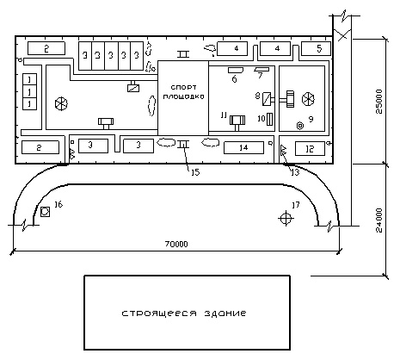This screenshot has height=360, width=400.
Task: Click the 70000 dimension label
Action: (176, 244)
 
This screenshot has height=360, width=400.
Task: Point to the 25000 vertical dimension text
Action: (379, 102)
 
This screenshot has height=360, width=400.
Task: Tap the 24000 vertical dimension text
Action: (379, 220)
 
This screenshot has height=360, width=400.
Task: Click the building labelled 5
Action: (316, 48)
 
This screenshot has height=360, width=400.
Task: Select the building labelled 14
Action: (243, 147)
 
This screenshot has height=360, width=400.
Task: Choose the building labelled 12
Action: (310, 149)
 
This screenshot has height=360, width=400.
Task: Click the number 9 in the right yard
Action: (311, 119)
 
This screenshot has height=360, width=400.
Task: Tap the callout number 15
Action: (195, 172)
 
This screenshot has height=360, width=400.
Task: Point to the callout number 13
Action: (295, 172)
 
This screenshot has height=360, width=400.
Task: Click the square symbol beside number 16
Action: (45, 212)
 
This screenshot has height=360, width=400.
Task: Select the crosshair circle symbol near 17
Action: (286, 219)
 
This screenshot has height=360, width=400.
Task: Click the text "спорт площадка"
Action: (183, 91)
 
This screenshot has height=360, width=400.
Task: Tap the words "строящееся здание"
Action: (184, 313)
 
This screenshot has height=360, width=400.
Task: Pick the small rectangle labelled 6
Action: (236, 70)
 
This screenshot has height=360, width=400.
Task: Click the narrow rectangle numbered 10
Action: (269, 119)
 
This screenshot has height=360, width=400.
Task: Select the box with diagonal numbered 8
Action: (267, 99)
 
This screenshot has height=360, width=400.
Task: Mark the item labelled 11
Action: (237, 122)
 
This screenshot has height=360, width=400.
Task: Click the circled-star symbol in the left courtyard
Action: (61, 103)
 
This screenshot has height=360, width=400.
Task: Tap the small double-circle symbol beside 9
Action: (300, 126)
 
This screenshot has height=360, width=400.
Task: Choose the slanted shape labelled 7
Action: (262, 69)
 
